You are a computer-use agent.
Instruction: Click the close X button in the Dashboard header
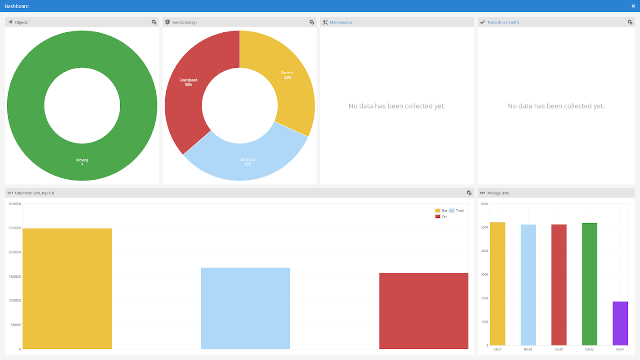pos(633,6)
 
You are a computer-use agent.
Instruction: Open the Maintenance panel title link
pos(341,22)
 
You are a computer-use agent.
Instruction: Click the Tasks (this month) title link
pos(503,22)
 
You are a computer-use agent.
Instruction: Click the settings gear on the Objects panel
pos(154,22)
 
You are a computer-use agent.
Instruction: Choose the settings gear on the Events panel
pos(311,22)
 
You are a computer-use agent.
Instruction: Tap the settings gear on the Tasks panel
pos(630,22)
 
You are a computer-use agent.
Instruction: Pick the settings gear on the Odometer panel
pos(469,193)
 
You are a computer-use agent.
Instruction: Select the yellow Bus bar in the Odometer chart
pos(67,288)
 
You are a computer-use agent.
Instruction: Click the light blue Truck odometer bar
pos(245,308)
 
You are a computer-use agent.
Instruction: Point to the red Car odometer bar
pos(424,310)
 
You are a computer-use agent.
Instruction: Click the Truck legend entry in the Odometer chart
pos(456,211)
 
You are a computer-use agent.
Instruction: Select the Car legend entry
pos(441,216)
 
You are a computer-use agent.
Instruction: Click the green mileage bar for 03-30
pos(590,284)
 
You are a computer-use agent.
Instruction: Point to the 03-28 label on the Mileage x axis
pos(528,350)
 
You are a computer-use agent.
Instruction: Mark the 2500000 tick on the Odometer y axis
pos(14,228)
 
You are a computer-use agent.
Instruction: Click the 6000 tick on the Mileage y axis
pos(485,204)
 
